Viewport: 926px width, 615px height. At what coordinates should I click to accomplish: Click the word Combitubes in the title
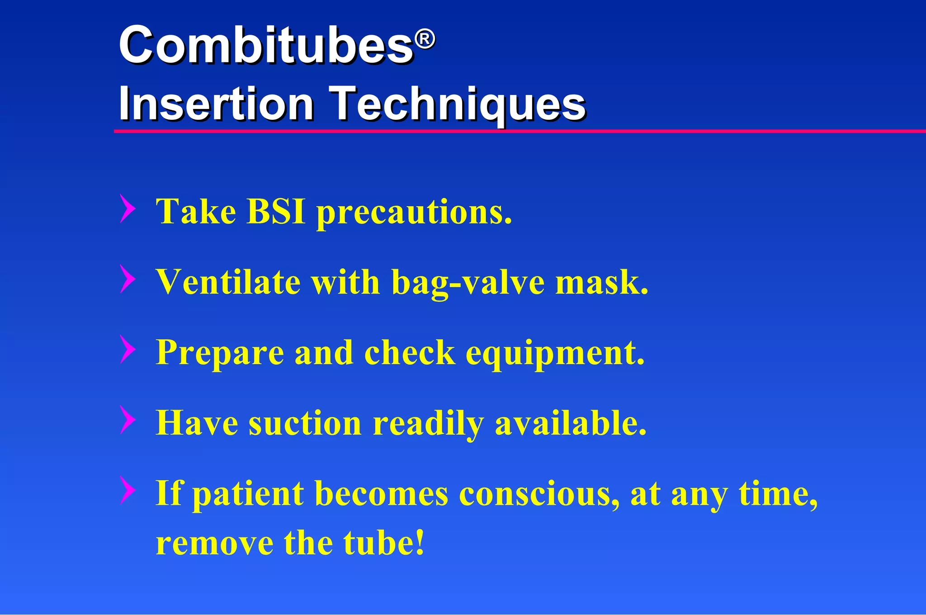(x=266, y=45)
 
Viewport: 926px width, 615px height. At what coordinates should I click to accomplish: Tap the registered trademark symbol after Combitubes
(x=425, y=39)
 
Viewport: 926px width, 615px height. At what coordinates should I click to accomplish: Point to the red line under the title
(x=520, y=131)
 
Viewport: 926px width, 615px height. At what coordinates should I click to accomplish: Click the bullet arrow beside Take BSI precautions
(x=128, y=208)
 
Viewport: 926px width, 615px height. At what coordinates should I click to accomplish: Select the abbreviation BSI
(x=276, y=211)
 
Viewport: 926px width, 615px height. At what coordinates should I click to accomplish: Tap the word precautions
(x=414, y=213)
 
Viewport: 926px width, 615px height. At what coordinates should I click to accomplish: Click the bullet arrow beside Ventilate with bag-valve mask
(x=128, y=279)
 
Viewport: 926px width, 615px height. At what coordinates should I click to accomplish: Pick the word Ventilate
(x=228, y=282)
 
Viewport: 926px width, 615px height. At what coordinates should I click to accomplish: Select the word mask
(x=601, y=282)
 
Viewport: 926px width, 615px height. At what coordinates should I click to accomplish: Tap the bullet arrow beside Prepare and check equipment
(x=128, y=349)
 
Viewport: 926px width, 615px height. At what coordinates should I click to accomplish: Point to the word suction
(x=305, y=423)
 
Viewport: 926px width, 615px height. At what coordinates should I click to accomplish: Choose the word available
(x=571, y=423)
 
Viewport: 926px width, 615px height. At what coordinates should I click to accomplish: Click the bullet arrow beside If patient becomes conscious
(x=128, y=490)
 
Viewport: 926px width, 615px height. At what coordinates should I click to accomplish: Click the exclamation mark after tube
(x=420, y=542)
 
